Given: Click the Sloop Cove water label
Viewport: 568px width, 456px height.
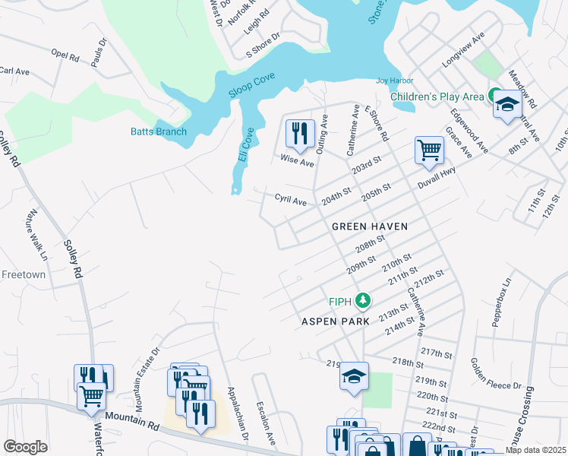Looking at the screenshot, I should click(x=252, y=86).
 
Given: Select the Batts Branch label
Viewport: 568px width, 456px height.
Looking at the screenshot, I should click(x=157, y=131).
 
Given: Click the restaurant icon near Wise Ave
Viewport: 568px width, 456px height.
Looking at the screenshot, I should click(x=299, y=134).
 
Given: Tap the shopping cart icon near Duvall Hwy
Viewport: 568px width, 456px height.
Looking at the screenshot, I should click(x=429, y=150).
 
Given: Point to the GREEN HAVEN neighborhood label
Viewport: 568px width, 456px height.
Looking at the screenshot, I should click(x=370, y=226).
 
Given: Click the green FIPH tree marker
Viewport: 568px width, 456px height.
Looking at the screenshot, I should click(x=364, y=301).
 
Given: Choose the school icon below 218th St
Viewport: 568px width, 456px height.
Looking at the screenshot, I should click(x=354, y=376).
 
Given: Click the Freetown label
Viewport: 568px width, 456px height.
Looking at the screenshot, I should click(x=24, y=274).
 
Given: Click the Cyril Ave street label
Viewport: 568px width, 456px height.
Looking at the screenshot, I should click(x=290, y=201).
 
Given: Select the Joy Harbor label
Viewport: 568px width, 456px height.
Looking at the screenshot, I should click(x=396, y=81).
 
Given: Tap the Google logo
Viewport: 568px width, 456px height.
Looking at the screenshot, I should click(x=25, y=447).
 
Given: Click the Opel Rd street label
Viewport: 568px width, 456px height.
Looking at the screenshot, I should click(x=65, y=56).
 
